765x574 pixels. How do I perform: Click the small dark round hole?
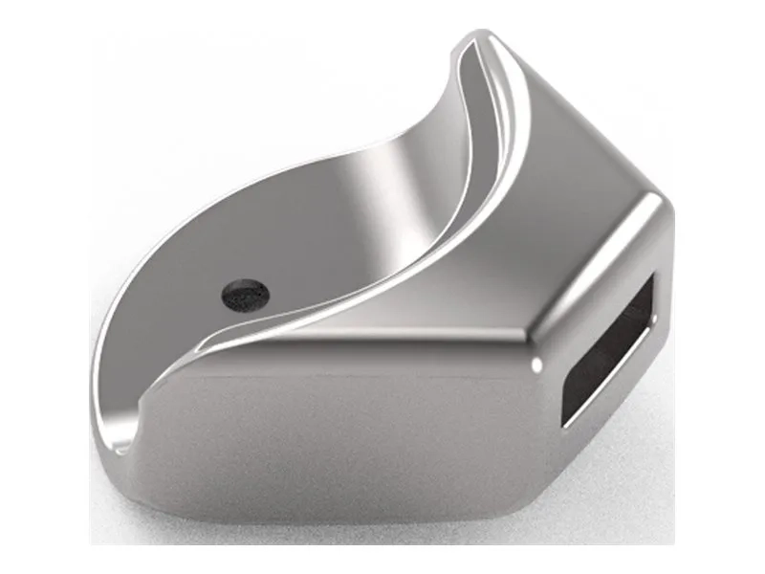pos(245,294)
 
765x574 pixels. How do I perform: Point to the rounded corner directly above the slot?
pos(654,206)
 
